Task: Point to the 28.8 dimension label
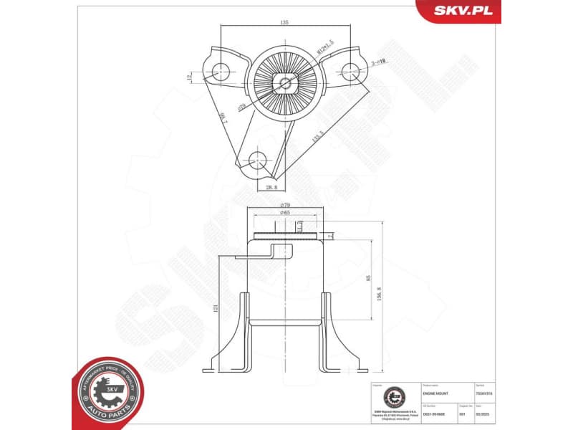point(271,188)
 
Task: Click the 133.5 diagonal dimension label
point(317,134)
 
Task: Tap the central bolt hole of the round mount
point(286,82)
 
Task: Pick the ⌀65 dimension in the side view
point(284,213)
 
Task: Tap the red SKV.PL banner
point(459,11)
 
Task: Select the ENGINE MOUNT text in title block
point(435,393)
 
